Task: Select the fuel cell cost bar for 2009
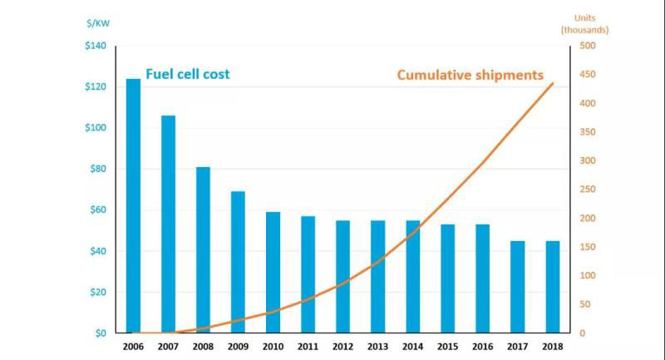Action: tap(238, 262)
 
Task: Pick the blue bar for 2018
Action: tap(552, 287)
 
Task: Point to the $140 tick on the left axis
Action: tap(95, 46)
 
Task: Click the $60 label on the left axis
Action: tap(97, 210)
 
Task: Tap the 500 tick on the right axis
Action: tap(586, 46)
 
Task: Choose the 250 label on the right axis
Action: tap(586, 190)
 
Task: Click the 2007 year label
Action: tap(168, 346)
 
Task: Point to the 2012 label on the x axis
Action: tap(342, 346)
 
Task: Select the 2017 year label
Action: tap(517, 346)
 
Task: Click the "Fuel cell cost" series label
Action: tap(188, 74)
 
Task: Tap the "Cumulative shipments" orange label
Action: tap(470, 75)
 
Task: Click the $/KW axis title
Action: tap(96, 22)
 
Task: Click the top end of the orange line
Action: tap(553, 83)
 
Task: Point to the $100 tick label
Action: tap(95, 128)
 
